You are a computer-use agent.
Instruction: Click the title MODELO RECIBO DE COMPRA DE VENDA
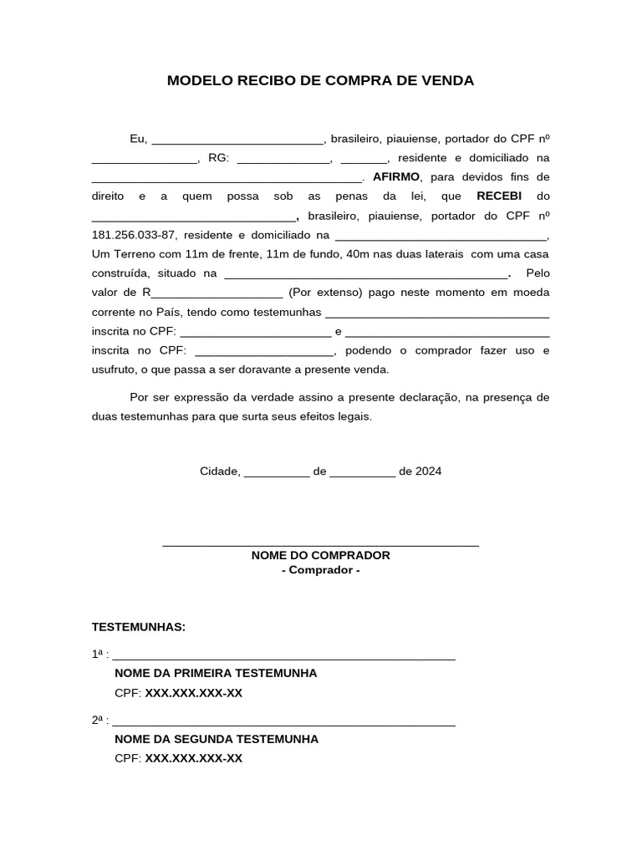click(320, 81)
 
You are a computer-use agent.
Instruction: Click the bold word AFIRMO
click(398, 177)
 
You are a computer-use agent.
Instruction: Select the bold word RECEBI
click(499, 196)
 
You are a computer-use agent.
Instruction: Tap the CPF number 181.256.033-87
click(133, 235)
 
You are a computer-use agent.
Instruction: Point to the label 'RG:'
click(218, 158)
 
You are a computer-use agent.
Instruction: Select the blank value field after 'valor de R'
click(217, 293)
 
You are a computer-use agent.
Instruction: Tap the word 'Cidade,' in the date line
click(220, 471)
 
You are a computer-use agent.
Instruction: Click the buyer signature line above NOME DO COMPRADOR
click(320, 544)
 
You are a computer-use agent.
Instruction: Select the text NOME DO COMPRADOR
click(320, 555)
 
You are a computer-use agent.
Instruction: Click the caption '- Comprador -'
click(320, 570)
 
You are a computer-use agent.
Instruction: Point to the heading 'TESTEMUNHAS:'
click(138, 627)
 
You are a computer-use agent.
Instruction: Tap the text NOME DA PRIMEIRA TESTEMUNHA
click(216, 673)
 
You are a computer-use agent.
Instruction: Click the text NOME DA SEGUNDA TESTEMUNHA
click(217, 739)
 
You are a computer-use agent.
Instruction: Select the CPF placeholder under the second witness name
click(193, 758)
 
